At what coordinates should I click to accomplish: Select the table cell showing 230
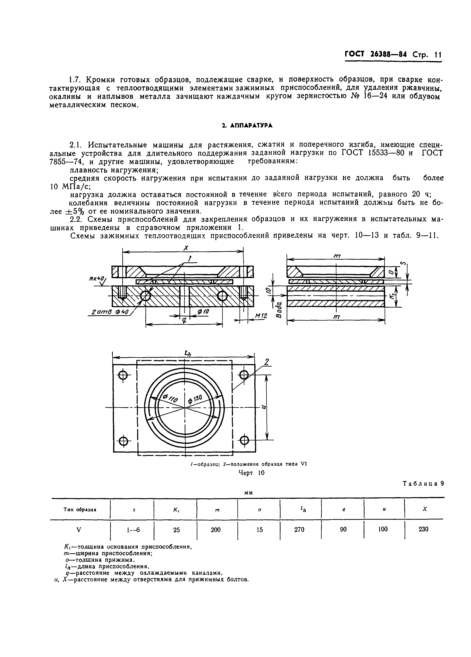pos(423,529)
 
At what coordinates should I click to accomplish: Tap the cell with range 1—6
pos(133,530)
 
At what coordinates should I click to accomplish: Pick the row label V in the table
pos(78,530)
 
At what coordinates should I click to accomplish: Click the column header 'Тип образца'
pos(80,509)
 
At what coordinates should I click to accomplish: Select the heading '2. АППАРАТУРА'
pos(247,125)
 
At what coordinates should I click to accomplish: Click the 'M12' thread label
pos(261,316)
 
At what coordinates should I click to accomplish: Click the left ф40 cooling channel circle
pos(145,296)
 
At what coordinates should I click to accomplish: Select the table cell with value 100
pos(383,529)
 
